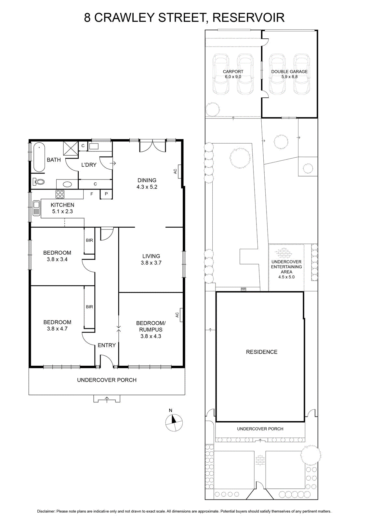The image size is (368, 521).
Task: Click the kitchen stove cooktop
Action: pos(60,194)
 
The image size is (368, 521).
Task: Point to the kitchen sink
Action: pos(36,208)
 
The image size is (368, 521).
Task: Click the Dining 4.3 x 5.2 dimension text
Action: pos(147,187)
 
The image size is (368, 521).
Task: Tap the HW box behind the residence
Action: pos(243,289)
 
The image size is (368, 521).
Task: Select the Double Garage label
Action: pos(289,72)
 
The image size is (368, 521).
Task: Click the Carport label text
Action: pos(233,72)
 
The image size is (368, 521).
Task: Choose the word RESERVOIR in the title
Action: pos(248,18)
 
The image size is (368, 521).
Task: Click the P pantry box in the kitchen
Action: pos(106,194)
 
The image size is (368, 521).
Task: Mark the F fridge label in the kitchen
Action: pos(92,194)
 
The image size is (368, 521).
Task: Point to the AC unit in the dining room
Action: pos(179,171)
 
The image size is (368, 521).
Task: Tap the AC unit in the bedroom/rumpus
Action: pos(181,315)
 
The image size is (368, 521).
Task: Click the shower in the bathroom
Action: pos(71,148)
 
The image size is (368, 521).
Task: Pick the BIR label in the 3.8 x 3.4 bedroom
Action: pos(89,240)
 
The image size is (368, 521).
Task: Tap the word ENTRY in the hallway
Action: pos(107,345)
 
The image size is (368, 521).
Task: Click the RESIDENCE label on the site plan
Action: pos(262,352)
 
